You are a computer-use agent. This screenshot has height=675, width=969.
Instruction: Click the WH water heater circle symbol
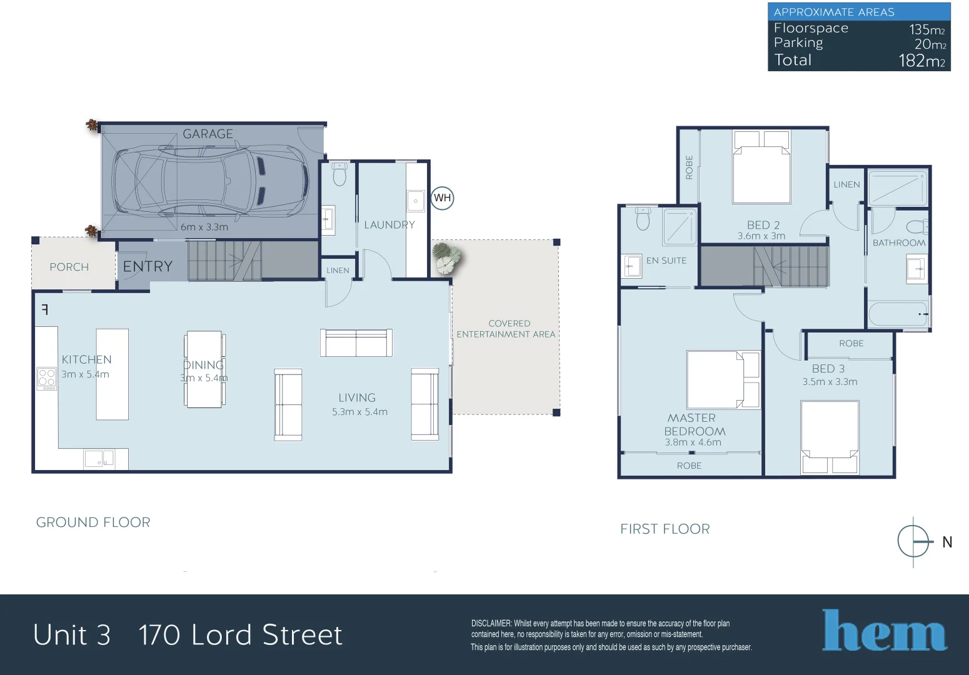pos(442,198)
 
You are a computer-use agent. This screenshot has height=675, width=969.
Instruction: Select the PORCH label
pos(69,267)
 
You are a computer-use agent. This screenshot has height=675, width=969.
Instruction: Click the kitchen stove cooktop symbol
pos(47,379)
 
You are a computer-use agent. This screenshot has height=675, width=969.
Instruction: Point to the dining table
pos(204,369)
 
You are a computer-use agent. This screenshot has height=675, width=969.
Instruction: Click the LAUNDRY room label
pos(389,225)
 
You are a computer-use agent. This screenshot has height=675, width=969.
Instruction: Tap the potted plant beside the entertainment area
pos(446,257)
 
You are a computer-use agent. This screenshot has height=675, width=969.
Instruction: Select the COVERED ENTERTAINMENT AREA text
pos(506,329)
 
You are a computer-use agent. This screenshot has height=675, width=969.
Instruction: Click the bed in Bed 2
pos(761,167)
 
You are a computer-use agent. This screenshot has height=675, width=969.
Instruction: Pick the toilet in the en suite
pos(643,219)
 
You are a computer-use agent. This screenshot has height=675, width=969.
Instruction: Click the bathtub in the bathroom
pos(898,314)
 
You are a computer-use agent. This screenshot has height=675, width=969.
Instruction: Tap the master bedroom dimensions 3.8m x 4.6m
pos(693,442)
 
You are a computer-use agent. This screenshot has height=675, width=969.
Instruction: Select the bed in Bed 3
pos(830,437)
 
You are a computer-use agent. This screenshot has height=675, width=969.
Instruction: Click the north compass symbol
pos(913,541)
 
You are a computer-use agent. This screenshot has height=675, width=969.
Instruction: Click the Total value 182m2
pos(921,61)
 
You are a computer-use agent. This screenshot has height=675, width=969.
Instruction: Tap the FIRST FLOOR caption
pos(665,529)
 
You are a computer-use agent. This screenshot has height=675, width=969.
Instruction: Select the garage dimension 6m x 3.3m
pos(204,227)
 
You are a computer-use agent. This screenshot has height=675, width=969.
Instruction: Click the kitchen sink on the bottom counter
pos(99,459)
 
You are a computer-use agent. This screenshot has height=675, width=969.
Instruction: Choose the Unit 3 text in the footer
pos(72,635)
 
